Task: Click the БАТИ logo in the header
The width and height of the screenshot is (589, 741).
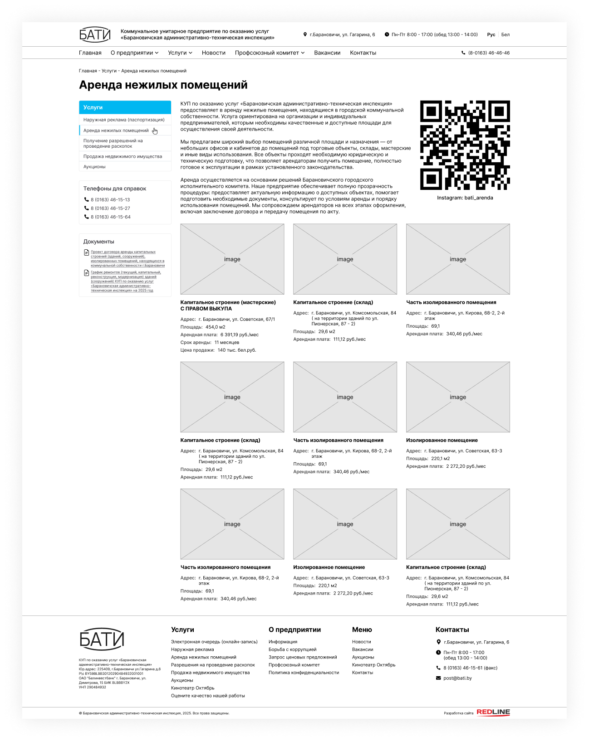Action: tap(95, 34)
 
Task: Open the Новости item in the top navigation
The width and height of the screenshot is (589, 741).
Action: tap(213, 53)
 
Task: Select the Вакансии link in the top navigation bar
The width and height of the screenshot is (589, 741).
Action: tap(327, 53)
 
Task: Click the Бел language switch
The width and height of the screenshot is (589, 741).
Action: tap(505, 35)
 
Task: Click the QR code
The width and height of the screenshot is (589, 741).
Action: tap(465, 145)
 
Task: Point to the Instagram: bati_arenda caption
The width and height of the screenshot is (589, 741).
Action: tap(465, 198)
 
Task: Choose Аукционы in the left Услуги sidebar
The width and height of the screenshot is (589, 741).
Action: tap(94, 167)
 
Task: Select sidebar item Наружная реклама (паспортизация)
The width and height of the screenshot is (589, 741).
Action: tap(124, 120)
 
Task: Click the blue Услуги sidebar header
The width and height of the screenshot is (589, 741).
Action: tap(125, 107)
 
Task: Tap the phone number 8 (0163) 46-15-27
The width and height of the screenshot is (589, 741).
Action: tap(110, 208)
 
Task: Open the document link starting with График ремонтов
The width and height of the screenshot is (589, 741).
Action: tap(125, 281)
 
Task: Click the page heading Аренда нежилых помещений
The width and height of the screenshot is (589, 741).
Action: tap(163, 85)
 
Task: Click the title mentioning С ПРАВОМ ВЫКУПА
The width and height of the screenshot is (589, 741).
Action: tap(228, 305)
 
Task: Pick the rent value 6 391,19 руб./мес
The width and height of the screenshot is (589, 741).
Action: tap(240, 335)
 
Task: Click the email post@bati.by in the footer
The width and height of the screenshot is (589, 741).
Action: tap(457, 678)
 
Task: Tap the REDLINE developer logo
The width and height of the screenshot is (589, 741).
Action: tap(493, 712)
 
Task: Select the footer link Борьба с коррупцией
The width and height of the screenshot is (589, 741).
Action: tap(292, 649)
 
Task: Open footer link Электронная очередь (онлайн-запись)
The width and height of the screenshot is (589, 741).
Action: tap(214, 642)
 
